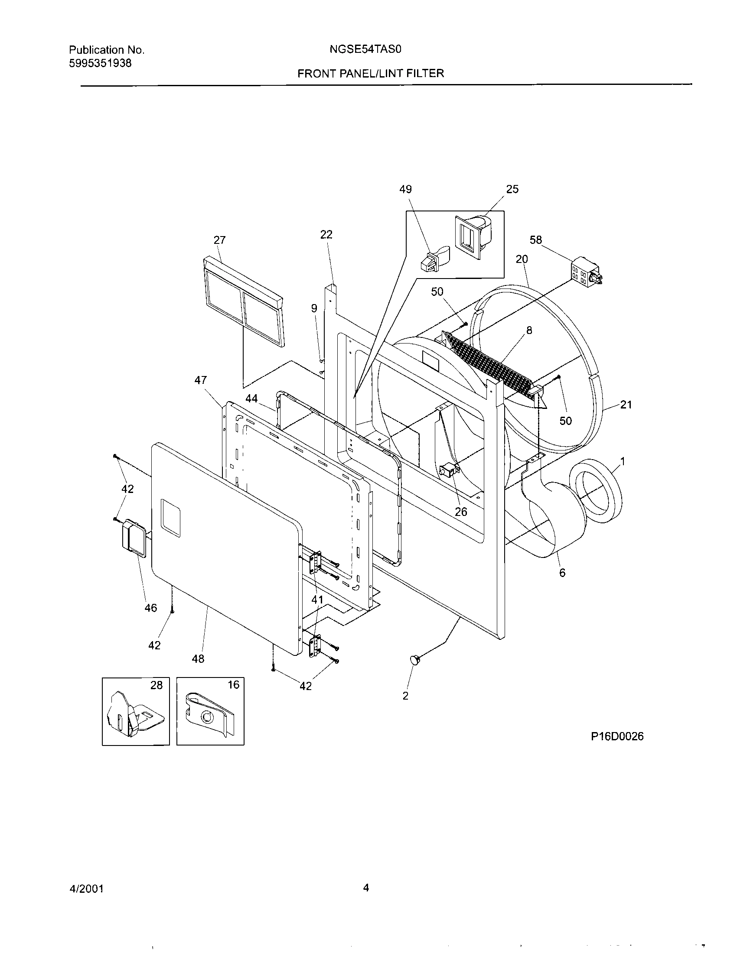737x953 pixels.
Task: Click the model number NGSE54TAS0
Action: click(365, 50)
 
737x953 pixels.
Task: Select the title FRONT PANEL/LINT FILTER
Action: click(371, 74)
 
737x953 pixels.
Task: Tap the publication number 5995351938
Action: click(101, 63)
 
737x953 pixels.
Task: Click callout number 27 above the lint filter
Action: click(220, 240)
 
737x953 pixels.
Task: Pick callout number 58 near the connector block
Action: click(536, 240)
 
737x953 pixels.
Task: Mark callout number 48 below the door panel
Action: click(198, 658)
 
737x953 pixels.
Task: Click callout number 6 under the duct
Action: click(562, 573)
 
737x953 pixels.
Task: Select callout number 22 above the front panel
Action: click(326, 235)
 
